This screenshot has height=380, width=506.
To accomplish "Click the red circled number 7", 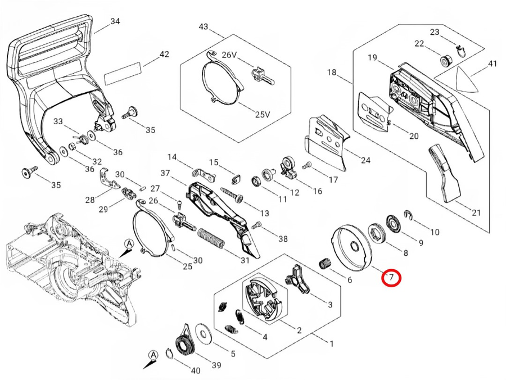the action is (391, 277).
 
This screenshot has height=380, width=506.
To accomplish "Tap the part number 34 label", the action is (115, 21).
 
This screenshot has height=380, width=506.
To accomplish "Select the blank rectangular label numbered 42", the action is (123, 74).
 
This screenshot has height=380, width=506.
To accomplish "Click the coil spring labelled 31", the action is (210, 238).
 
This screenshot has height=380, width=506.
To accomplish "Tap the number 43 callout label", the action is (204, 26).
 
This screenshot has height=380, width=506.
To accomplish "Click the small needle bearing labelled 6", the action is (324, 263).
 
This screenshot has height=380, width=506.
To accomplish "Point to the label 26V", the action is (229, 55).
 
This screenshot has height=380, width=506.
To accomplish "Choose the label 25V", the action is (263, 114).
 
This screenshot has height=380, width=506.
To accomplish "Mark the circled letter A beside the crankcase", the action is (129, 243).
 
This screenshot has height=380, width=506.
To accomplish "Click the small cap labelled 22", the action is (446, 60).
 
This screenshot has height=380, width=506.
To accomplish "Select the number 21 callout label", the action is (476, 212).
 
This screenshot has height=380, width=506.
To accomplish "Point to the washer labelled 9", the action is (394, 223).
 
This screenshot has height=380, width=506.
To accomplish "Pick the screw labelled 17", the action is (307, 165).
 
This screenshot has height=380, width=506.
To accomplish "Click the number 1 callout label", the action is (331, 344).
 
